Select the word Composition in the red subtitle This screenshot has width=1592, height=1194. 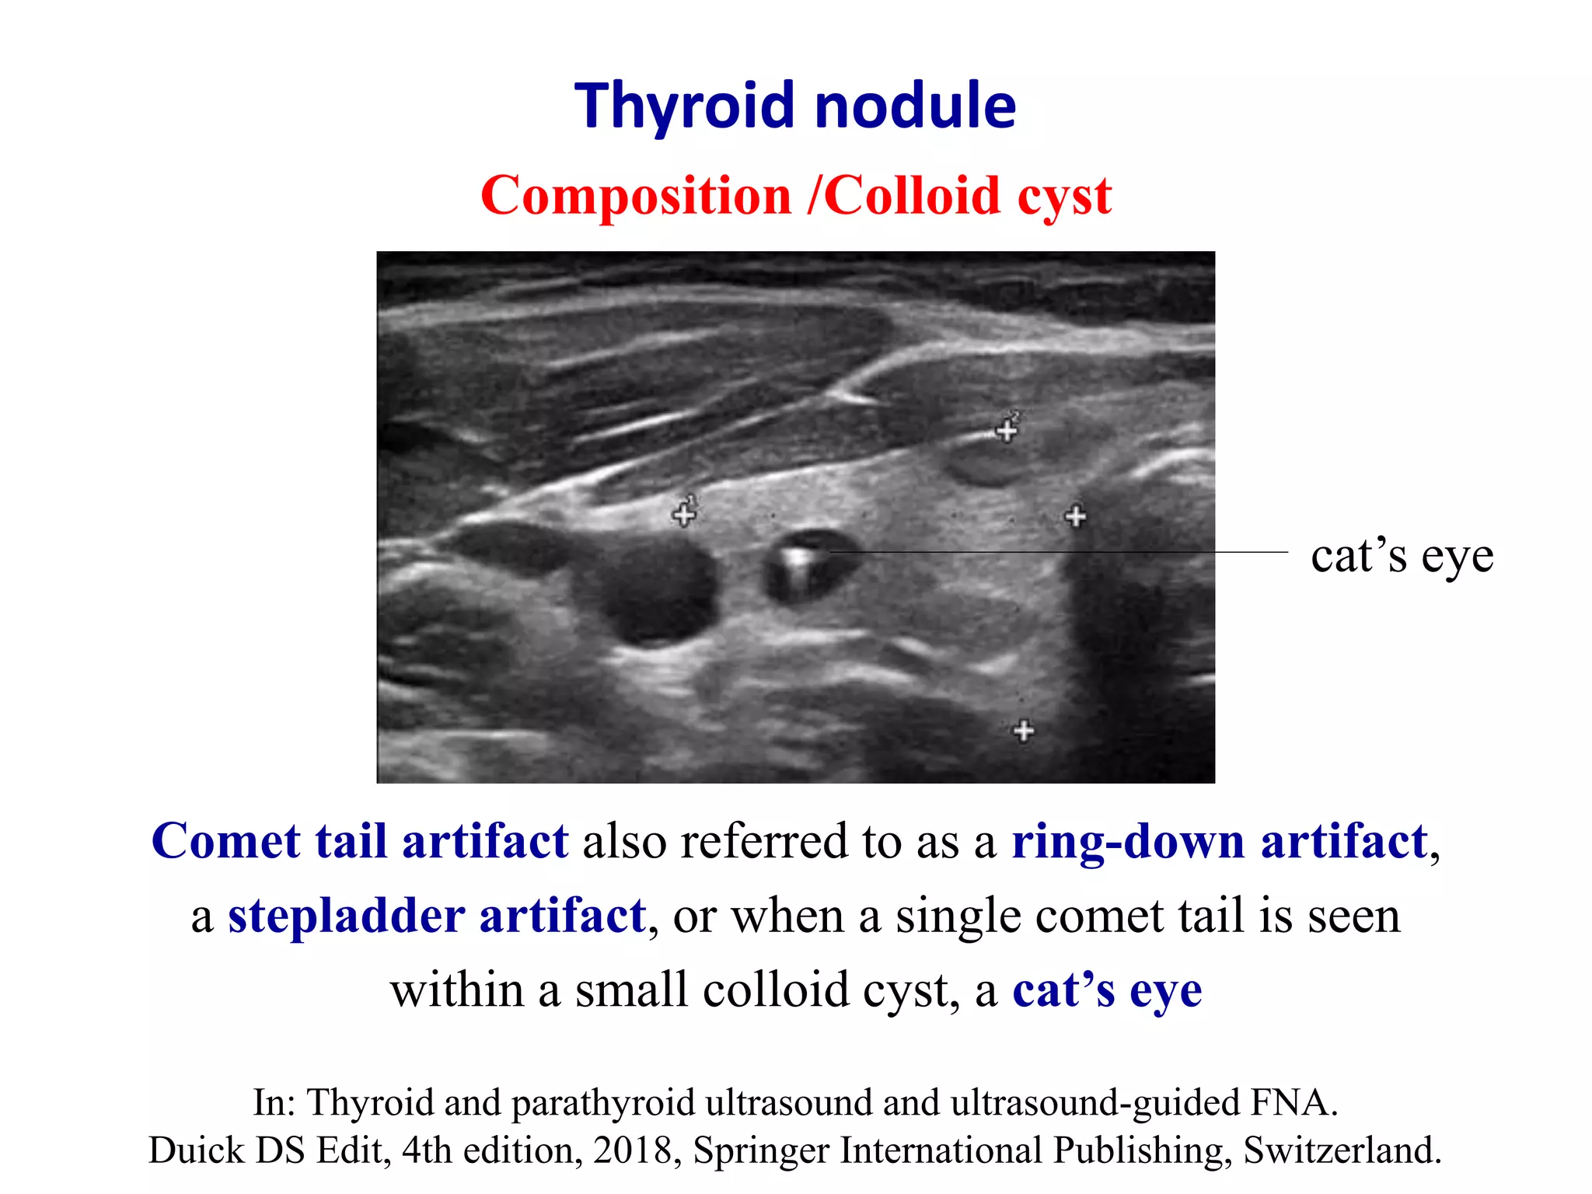(x=635, y=195)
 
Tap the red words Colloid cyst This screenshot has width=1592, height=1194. (x=967, y=195)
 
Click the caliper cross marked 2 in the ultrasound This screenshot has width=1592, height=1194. (x=1007, y=430)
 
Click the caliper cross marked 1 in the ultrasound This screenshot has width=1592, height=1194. (x=684, y=514)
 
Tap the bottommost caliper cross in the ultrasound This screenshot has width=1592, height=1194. (x=1024, y=731)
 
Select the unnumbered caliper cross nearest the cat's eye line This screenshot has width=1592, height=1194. (x=1075, y=515)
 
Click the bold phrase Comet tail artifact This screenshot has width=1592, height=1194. (x=360, y=841)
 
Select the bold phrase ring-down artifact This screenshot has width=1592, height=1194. (x=1219, y=841)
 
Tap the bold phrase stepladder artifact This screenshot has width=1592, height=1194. (x=437, y=916)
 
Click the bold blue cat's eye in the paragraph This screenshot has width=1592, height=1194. (x=1107, y=990)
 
